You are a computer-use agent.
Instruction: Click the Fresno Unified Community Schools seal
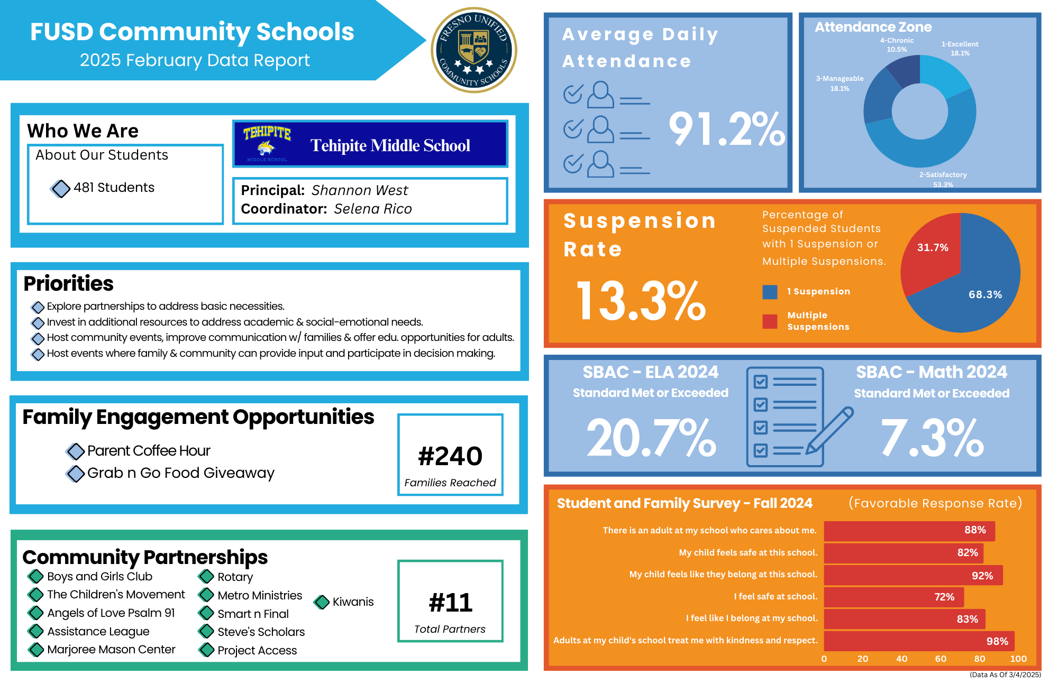click(474, 50)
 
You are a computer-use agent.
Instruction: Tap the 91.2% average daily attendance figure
click(726, 130)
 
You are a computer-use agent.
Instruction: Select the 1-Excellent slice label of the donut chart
click(960, 48)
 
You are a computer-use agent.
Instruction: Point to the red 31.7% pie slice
click(932, 248)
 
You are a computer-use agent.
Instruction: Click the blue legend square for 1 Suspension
click(770, 292)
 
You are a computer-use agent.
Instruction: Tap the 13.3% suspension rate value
click(641, 301)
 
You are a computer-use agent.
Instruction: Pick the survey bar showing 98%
click(919, 641)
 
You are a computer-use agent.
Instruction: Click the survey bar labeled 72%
click(893, 597)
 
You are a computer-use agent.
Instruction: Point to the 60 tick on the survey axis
click(941, 659)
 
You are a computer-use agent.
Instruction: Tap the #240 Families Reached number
click(450, 456)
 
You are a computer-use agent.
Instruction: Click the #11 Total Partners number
click(450, 603)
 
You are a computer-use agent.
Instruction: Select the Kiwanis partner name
click(353, 602)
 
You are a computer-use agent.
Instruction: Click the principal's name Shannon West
click(360, 190)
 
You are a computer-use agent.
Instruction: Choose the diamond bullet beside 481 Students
click(61, 188)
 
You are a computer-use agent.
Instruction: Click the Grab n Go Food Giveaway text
click(180, 473)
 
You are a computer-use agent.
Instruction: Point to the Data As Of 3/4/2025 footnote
click(1005, 674)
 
